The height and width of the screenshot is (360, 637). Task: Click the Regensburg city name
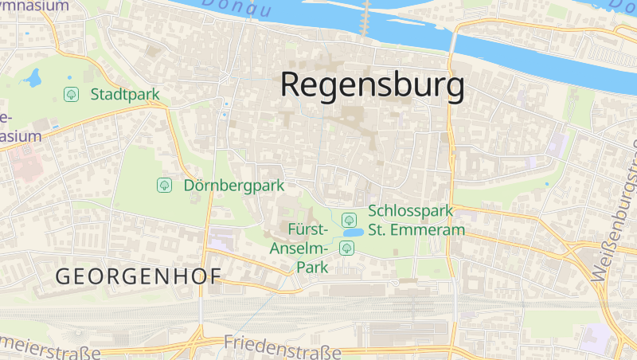[373, 85]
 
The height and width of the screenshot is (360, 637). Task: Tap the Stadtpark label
[125, 95]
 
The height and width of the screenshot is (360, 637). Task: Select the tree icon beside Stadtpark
[72, 95]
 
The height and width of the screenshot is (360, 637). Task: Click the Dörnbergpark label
[234, 186]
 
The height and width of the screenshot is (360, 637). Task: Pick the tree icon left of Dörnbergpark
[164, 186]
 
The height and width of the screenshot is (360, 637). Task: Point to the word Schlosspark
[410, 212]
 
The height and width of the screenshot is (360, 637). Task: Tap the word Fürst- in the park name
[308, 230]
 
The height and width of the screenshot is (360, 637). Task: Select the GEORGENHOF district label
[137, 276]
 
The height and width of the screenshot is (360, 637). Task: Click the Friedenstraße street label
[283, 346]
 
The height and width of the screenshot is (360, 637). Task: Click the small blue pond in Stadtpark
[33, 77]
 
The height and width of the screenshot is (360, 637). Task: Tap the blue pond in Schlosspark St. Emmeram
[353, 233]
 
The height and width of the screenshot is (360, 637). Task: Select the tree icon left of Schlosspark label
[348, 219]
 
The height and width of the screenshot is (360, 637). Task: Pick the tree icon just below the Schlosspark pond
[346, 248]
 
